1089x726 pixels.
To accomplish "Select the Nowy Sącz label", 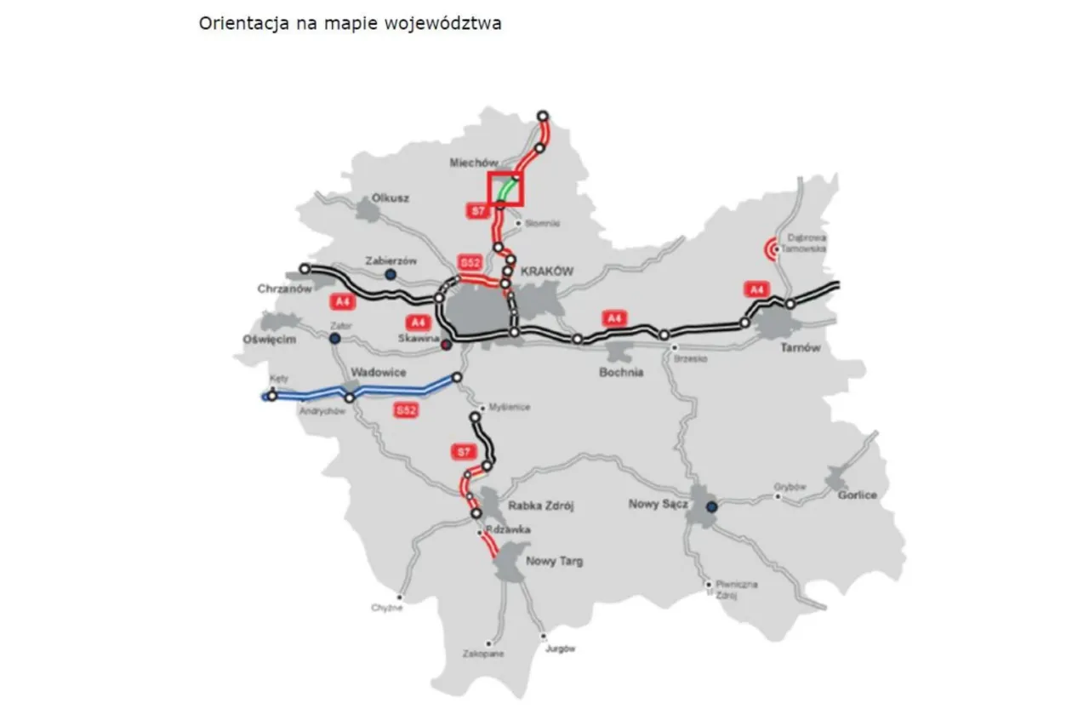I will pyautogui.click(x=658, y=504).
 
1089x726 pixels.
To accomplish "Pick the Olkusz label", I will pyautogui.click(x=391, y=197).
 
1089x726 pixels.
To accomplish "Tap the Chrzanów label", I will pyautogui.click(x=281, y=289).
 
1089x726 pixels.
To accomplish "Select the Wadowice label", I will pyautogui.click(x=378, y=373).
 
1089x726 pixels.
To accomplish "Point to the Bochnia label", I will pyautogui.click(x=620, y=372).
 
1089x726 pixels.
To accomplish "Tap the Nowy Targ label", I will pyautogui.click(x=554, y=561).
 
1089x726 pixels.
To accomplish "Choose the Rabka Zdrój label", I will pyautogui.click(x=541, y=506).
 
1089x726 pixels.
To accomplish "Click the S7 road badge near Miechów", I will pyautogui.click(x=477, y=209).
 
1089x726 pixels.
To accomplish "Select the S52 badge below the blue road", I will pyautogui.click(x=407, y=410).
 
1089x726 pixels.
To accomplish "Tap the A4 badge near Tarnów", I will pyautogui.click(x=756, y=289).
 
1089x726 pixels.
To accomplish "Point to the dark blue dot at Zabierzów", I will pyautogui.click(x=390, y=274).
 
